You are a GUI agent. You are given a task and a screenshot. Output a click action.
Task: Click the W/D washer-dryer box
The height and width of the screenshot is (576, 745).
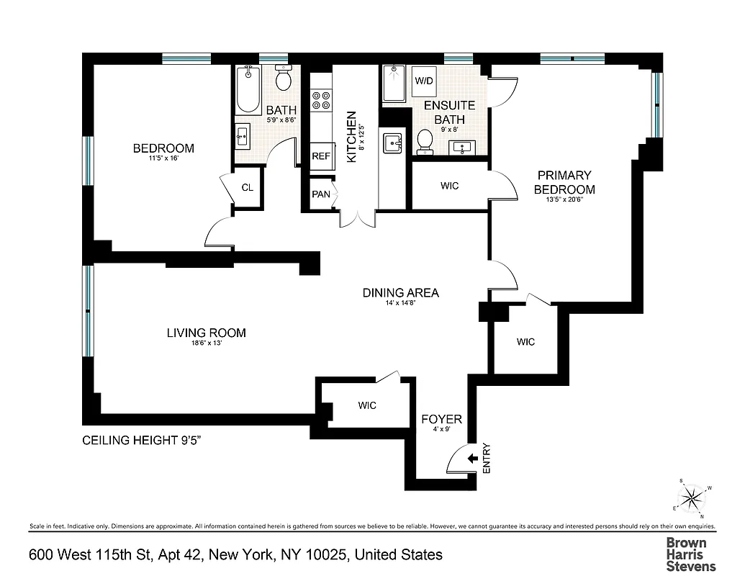pos(423,80)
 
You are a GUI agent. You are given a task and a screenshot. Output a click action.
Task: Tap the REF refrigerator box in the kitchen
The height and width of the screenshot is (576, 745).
pos(320,156)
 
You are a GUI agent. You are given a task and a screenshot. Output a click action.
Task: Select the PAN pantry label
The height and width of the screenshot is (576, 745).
pos(320,194)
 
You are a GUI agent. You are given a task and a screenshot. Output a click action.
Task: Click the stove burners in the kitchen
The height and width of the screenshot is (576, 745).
pos(321,100)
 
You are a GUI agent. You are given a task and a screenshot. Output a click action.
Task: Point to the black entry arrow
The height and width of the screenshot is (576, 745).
pos(473,458)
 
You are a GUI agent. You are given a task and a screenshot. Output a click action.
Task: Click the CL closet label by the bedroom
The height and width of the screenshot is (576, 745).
pos(247,188)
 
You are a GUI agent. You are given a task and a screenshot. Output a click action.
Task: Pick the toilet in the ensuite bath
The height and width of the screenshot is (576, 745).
pos(425,141)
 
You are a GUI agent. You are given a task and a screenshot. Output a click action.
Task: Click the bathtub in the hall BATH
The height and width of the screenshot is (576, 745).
pos(248,89)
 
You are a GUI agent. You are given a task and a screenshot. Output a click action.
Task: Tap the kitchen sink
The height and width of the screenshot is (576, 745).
pos(392,143)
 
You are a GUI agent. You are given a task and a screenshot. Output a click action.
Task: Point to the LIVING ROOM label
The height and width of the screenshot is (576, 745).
pos(206,333)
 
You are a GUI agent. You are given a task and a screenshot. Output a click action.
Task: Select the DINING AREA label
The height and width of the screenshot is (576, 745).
pos(400,293)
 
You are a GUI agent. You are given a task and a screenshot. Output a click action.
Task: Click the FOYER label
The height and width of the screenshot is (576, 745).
pos(441,419)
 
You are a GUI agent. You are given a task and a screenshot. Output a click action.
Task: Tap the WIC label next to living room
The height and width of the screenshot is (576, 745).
pos(367,405)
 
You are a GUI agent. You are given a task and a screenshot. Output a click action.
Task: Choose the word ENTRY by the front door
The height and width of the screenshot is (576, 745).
pos(486,458)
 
